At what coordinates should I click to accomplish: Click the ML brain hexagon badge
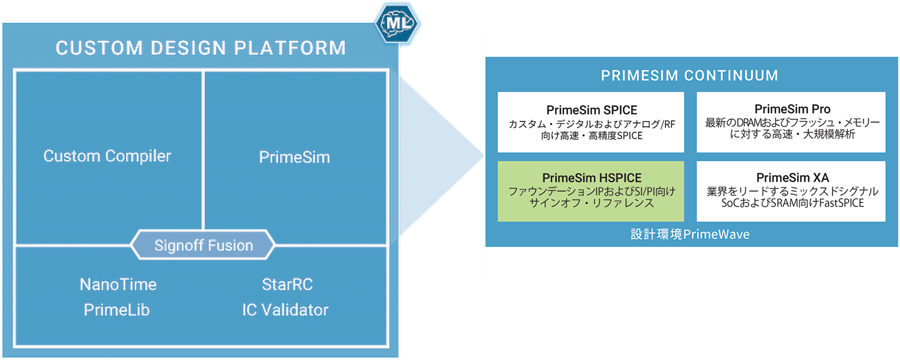(x=398, y=23)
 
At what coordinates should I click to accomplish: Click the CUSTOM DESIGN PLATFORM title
(x=201, y=48)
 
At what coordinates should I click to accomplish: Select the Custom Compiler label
(x=107, y=156)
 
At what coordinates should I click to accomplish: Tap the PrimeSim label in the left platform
(x=294, y=157)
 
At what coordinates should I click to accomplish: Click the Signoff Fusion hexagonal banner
(x=203, y=245)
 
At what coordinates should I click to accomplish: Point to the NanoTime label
(x=118, y=284)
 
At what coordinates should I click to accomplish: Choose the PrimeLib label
(x=117, y=309)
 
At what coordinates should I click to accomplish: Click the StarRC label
(x=287, y=284)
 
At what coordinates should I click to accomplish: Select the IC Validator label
(x=285, y=309)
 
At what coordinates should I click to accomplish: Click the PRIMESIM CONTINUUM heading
(x=690, y=75)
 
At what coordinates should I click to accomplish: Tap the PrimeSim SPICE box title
(x=592, y=110)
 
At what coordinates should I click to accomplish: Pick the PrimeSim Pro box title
(x=792, y=109)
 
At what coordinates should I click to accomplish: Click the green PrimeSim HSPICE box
(x=591, y=191)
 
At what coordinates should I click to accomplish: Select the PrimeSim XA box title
(x=792, y=177)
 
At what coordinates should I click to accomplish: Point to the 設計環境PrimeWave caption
(x=690, y=234)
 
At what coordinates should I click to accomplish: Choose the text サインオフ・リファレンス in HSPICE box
(x=592, y=203)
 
